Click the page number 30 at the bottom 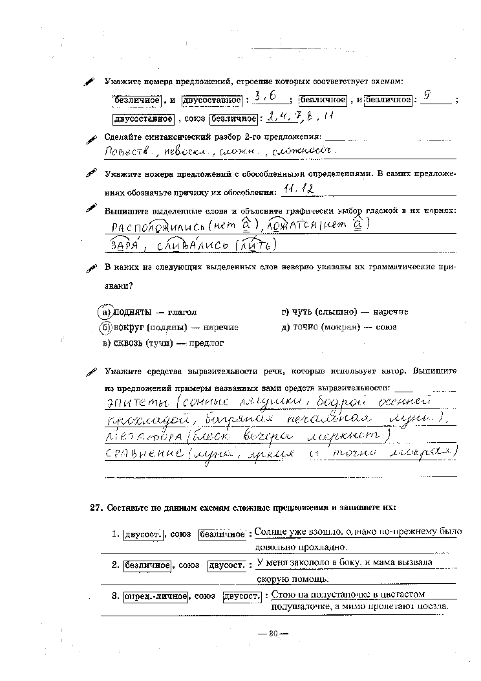tap(272, 633)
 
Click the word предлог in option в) tap(206, 343)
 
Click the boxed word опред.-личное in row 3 tap(156, 596)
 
